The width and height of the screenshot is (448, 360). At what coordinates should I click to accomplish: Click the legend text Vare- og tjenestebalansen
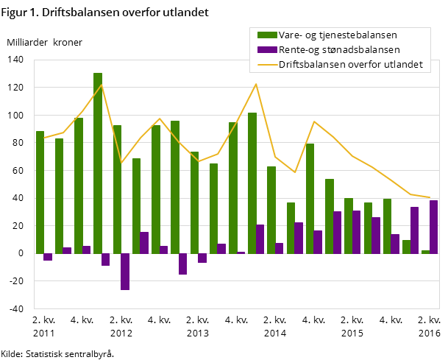click(x=337, y=35)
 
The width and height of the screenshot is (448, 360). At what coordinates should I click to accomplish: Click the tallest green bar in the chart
click(x=98, y=162)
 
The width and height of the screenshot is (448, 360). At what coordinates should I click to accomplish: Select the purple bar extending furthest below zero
click(x=125, y=272)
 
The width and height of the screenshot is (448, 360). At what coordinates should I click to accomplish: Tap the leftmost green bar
click(x=40, y=192)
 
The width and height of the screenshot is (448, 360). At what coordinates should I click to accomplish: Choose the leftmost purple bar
click(x=48, y=257)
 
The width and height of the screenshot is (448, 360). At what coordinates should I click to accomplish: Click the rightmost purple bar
click(x=433, y=227)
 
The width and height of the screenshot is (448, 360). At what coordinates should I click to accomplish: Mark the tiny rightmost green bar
click(x=425, y=252)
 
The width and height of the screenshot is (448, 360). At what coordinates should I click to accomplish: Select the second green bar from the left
click(x=59, y=196)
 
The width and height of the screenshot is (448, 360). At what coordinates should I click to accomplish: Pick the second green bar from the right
click(x=406, y=247)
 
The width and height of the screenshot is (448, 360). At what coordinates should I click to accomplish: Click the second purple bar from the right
click(x=414, y=230)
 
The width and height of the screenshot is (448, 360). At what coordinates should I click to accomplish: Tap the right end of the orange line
click(x=430, y=197)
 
